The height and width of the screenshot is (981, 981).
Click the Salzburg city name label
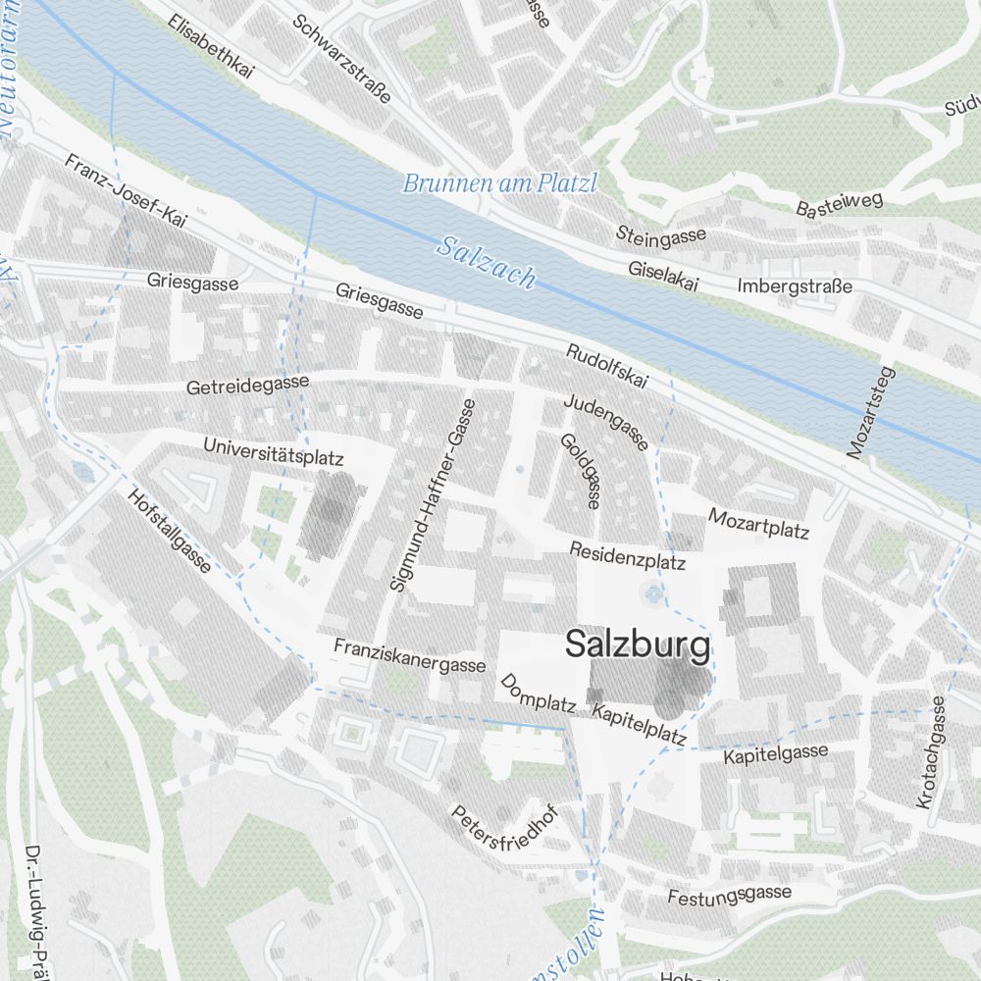tap(637, 645)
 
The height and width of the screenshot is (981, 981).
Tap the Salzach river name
tap(487, 262)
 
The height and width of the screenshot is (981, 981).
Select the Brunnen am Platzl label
tap(499, 183)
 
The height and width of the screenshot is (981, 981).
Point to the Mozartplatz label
tap(758, 524)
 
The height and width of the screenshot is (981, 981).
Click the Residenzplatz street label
tap(627, 557)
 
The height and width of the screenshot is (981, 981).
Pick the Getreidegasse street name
tap(247, 385)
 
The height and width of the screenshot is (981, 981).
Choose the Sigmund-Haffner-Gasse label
tap(433, 494)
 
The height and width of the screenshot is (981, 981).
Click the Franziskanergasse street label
tap(409, 655)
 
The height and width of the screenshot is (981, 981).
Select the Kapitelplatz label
tap(639, 723)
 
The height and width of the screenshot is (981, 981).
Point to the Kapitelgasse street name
tap(776, 754)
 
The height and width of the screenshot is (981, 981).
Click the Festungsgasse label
tap(729, 894)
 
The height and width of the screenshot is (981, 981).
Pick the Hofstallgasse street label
tap(169, 531)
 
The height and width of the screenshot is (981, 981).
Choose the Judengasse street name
tap(605, 422)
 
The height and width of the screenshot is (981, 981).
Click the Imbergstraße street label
tap(794, 286)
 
